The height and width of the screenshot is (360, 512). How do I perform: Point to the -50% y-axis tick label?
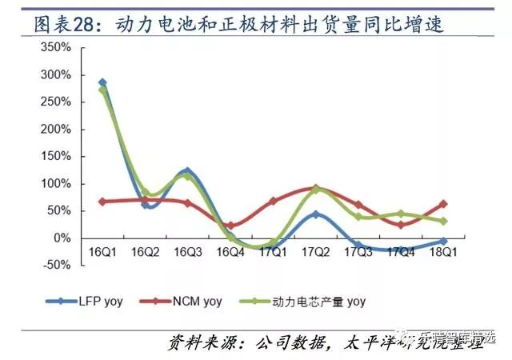(56, 265)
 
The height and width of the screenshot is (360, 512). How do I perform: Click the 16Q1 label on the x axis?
(102, 251)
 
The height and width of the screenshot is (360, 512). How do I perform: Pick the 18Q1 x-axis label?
(443, 251)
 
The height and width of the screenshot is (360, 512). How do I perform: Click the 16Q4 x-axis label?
(230, 251)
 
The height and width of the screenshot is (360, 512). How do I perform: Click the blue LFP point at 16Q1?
(102, 82)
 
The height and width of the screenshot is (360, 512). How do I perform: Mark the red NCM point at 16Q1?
(102, 202)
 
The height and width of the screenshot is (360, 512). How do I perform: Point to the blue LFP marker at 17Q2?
(316, 214)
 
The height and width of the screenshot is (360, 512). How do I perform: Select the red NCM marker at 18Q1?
(443, 204)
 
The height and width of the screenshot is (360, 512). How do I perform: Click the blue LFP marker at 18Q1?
(443, 241)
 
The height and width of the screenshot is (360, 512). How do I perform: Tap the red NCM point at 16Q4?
(230, 226)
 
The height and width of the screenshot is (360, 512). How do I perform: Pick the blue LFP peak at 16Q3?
(187, 170)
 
